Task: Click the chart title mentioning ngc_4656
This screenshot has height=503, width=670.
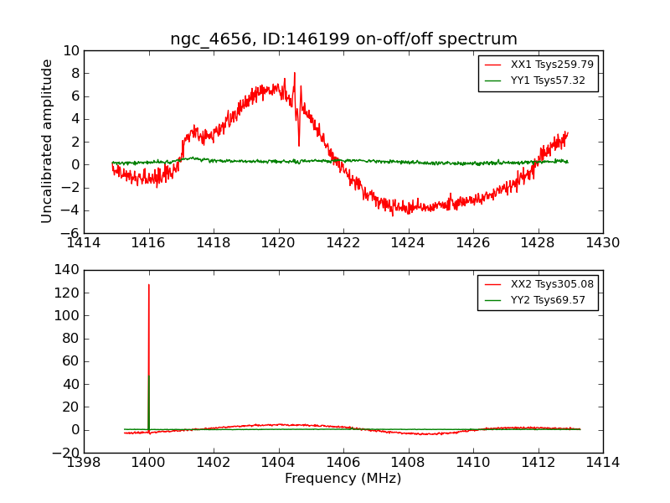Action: [x=343, y=39]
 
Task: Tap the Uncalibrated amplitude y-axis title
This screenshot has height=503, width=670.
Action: [x=48, y=141]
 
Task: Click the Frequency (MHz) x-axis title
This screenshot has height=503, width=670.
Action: [x=343, y=479]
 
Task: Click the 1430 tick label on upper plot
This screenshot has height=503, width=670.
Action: [x=602, y=242]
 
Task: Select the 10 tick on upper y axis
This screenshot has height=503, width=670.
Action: [x=70, y=51]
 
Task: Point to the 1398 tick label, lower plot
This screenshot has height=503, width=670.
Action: [x=84, y=462]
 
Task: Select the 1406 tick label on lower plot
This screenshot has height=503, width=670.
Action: [x=343, y=462]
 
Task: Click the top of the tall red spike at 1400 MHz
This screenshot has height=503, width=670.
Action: [x=149, y=285]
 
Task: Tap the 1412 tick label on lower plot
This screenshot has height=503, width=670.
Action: [x=538, y=462]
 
